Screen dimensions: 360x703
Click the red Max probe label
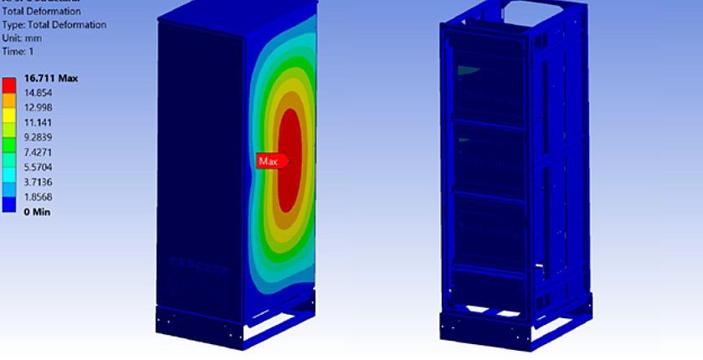click(269, 161)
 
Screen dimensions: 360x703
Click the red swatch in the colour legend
click(9, 82)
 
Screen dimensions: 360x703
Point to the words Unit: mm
click(23, 38)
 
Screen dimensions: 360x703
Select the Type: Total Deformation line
click(54, 25)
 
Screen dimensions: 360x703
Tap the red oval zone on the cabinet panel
click(290, 159)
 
